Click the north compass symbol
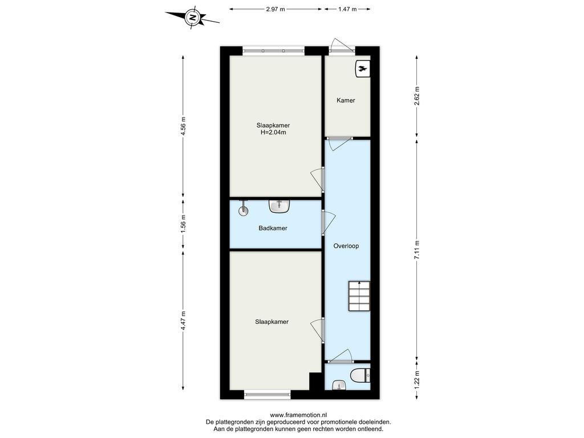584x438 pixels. [x=192, y=17]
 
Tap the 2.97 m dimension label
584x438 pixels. [x=275, y=9]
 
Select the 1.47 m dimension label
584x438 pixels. [x=347, y=9]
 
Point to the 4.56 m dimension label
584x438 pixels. [x=183, y=126]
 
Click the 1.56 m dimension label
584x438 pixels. [x=183, y=225]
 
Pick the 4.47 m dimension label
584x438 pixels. [x=183, y=321]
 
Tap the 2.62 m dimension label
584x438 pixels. [x=417, y=96]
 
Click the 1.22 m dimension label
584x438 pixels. [x=417, y=377]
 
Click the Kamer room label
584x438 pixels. [x=346, y=100]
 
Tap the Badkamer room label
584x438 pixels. [x=273, y=228]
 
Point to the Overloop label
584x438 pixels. [x=346, y=246]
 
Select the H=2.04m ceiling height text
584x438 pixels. [x=273, y=132]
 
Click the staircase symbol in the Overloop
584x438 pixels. [x=359, y=296]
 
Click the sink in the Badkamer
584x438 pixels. [x=279, y=206]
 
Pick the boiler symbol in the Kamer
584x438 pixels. [x=363, y=68]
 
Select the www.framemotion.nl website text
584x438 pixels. [x=298, y=415]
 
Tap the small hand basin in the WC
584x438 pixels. [x=339, y=385]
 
